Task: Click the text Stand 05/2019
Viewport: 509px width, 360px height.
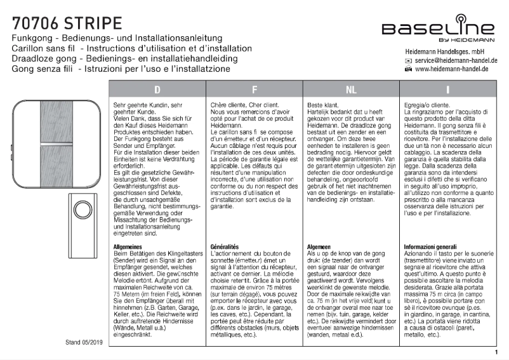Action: [x=86, y=342]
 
